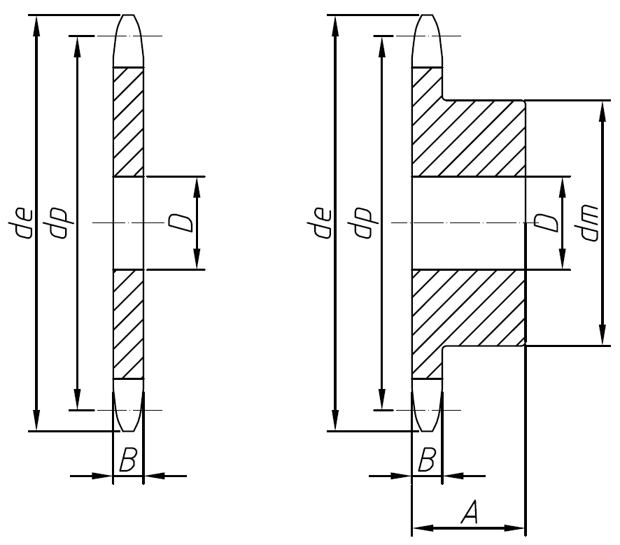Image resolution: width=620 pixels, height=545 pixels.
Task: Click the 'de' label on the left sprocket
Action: click(x=27, y=222)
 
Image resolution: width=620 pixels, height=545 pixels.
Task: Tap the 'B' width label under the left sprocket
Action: click(x=128, y=460)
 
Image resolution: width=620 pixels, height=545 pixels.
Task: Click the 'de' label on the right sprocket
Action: click(x=323, y=222)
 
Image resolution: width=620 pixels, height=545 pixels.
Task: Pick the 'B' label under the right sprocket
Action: click(x=427, y=460)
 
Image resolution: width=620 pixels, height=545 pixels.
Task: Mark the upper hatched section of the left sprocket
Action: click(x=128, y=121)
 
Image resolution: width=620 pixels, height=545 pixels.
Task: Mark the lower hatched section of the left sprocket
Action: click(x=128, y=323)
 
